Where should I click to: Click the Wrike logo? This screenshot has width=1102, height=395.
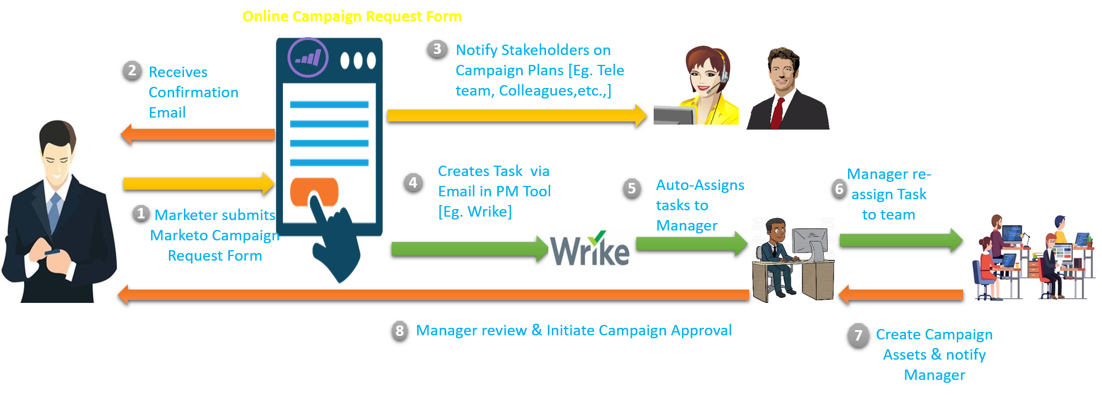click(x=589, y=248)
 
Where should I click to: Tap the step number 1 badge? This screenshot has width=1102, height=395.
click(x=141, y=213)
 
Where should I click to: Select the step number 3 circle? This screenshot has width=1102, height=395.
click(x=437, y=49)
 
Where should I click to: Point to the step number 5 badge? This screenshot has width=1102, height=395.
click(x=632, y=188)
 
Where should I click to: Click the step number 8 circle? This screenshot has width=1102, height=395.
click(x=399, y=330)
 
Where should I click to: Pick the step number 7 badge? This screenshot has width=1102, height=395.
click(x=858, y=335)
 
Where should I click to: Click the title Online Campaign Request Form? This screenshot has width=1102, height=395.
click(x=352, y=16)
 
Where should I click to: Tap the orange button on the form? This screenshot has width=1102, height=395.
click(x=314, y=191)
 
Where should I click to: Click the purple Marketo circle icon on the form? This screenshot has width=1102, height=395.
click(x=308, y=58)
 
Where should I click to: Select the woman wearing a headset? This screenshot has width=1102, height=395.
click(x=703, y=87)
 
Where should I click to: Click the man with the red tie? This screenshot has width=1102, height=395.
click(x=787, y=90)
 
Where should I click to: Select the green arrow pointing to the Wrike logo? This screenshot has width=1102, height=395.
click(x=469, y=249)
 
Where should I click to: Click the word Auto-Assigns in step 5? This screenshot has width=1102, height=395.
click(x=700, y=185)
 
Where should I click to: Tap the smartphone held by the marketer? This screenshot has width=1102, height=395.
click(x=52, y=253)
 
